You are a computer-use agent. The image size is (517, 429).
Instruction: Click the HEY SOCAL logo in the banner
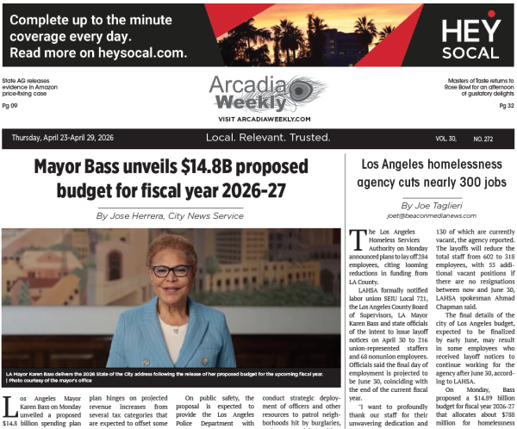(470, 39)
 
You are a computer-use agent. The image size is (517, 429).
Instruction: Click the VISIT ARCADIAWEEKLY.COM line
(258, 118)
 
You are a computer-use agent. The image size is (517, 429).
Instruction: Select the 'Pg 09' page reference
(10, 106)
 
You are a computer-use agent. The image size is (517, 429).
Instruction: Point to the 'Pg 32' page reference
(506, 106)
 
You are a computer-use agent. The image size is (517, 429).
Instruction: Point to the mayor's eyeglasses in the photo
(170, 270)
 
